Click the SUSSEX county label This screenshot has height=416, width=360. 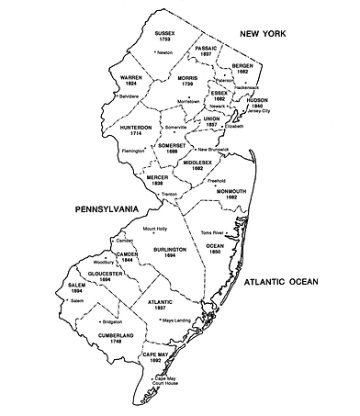click(x=165, y=35)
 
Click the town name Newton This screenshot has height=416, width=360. click(x=165, y=52)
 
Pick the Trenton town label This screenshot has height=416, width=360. click(x=169, y=196)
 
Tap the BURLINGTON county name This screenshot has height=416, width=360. click(x=171, y=249)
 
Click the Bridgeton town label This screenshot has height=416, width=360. click(x=114, y=322)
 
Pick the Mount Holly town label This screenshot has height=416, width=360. click(x=155, y=229)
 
